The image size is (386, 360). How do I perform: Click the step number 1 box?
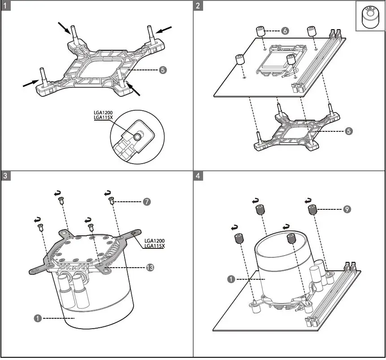tap(6, 6)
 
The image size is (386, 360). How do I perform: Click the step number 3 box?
tap(6, 175)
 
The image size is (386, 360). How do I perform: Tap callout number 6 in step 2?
tap(285, 31)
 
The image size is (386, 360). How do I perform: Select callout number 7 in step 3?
tap(147, 202)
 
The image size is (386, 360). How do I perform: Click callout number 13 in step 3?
tap(150, 268)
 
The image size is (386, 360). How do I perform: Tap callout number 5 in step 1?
tap(163, 70)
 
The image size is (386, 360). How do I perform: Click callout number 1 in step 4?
tap(231, 279)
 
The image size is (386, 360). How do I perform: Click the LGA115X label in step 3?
tap(155, 246)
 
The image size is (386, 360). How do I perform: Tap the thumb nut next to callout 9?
tap(312, 209)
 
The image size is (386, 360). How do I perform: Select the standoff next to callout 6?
tap(260, 32)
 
